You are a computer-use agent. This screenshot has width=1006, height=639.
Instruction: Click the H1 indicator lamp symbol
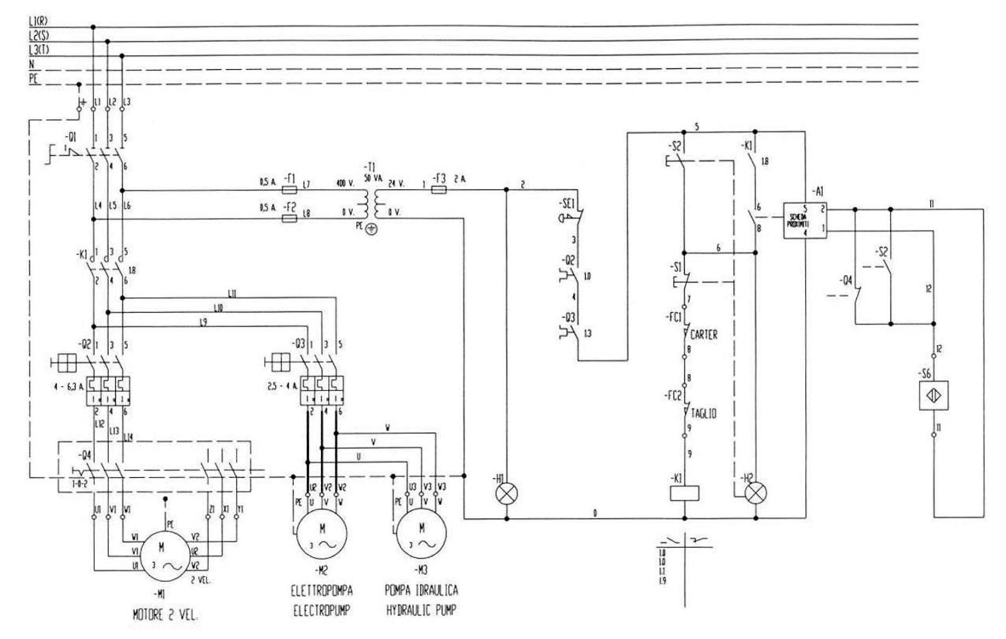pyautogui.click(x=507, y=493)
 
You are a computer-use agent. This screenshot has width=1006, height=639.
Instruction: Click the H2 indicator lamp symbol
pyautogui.click(x=756, y=493)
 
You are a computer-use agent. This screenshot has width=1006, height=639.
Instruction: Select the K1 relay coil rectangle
pyautogui.click(x=684, y=493)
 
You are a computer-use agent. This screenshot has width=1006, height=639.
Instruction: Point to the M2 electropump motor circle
pyautogui.click(x=322, y=535)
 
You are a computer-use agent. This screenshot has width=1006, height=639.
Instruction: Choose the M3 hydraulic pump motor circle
pyautogui.click(x=421, y=535)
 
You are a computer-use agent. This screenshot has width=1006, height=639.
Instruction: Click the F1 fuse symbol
pyautogui.click(x=290, y=190)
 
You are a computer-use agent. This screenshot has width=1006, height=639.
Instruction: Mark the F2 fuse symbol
pyautogui.click(x=290, y=219)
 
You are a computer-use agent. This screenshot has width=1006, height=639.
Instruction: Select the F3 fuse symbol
pyautogui.click(x=439, y=190)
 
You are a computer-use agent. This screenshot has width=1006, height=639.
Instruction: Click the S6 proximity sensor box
pyautogui.click(x=934, y=396)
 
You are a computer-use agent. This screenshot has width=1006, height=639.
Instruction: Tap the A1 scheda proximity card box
pyautogui.click(x=805, y=220)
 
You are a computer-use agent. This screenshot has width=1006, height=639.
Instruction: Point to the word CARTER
pyautogui.click(x=704, y=335)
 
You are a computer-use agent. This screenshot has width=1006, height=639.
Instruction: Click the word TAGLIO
pyautogui.click(x=704, y=414)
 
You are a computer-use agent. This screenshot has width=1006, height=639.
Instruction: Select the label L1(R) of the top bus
pyautogui.click(x=38, y=22)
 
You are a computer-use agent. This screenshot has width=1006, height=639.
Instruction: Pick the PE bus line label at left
pyautogui.click(x=34, y=79)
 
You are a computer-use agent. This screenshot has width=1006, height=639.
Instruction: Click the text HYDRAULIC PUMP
pyautogui.click(x=421, y=611)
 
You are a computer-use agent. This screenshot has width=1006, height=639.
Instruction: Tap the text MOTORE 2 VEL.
pyautogui.click(x=165, y=615)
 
